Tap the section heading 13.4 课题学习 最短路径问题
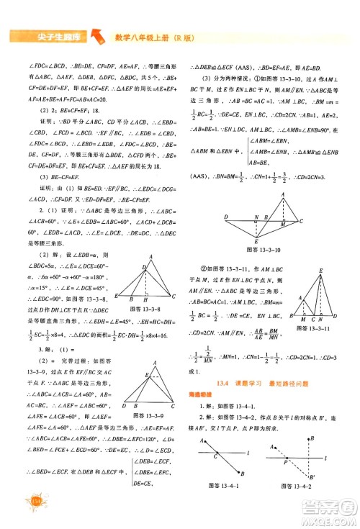coord(262,366)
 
